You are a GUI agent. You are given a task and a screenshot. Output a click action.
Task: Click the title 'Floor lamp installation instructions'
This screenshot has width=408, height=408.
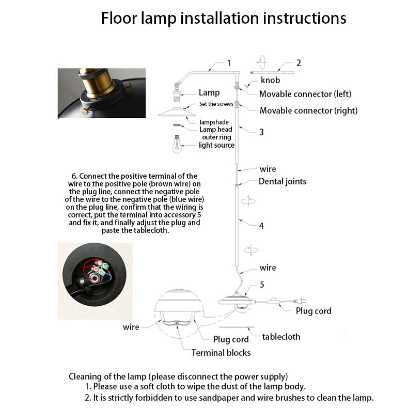[x=223, y=18]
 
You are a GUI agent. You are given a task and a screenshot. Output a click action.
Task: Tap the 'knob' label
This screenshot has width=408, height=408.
[x=270, y=80]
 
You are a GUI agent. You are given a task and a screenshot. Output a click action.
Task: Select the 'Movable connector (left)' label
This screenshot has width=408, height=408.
[x=305, y=94]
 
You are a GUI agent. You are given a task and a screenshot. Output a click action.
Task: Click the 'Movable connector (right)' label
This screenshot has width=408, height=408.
[x=308, y=111]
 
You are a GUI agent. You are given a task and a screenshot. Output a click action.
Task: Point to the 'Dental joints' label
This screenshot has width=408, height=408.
[x=282, y=181]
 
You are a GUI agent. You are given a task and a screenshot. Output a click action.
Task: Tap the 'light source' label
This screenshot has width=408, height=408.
[x=216, y=145]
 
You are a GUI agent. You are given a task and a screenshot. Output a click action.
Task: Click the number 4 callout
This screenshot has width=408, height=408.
[x=261, y=226]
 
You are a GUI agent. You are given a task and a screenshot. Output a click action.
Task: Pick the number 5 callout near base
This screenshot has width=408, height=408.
[x=262, y=285]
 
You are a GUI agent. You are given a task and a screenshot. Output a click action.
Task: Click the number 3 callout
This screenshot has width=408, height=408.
[x=261, y=132]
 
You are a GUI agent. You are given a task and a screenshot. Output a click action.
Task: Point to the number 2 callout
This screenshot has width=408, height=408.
[x=298, y=63]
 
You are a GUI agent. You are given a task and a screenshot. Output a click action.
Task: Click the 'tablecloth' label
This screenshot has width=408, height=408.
[x=281, y=337]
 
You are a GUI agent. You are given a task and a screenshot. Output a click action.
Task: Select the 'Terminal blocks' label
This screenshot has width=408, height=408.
[x=221, y=353]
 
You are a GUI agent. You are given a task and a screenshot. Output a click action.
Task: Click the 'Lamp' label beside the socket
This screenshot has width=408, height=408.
[x=209, y=93]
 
